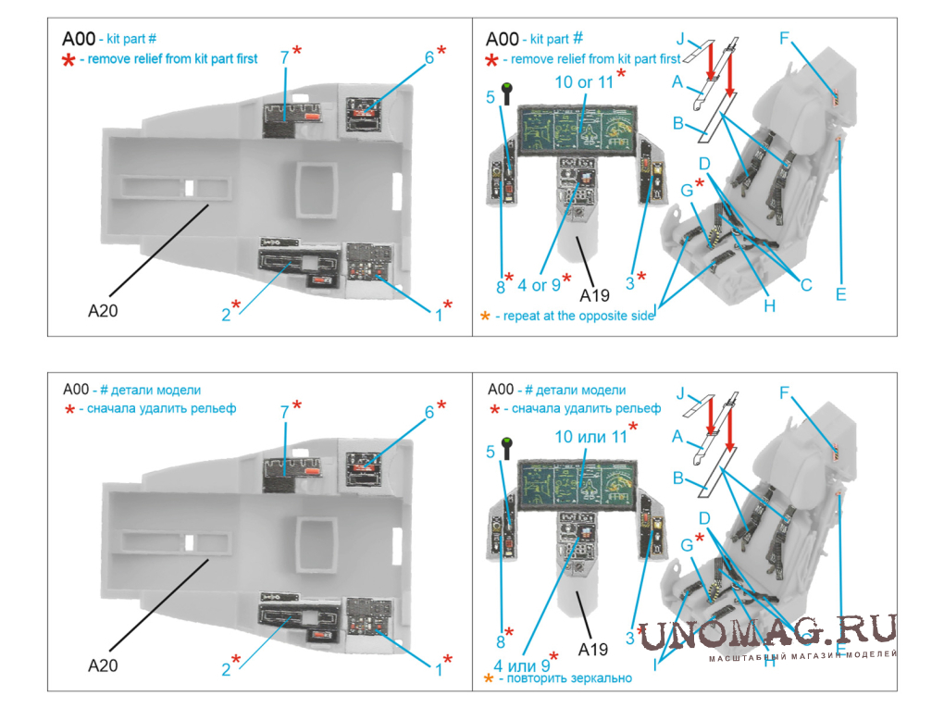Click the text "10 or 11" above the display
583,81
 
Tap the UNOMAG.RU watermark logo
768,631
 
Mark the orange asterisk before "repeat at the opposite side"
485,317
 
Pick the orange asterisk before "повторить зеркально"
489,678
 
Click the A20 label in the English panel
102,311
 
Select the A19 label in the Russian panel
595,645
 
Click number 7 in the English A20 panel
285,57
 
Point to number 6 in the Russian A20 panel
429,413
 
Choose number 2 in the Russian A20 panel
226,669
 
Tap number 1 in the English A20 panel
438,315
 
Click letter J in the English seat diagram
680,39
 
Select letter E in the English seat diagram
840,294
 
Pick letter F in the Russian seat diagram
784,392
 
